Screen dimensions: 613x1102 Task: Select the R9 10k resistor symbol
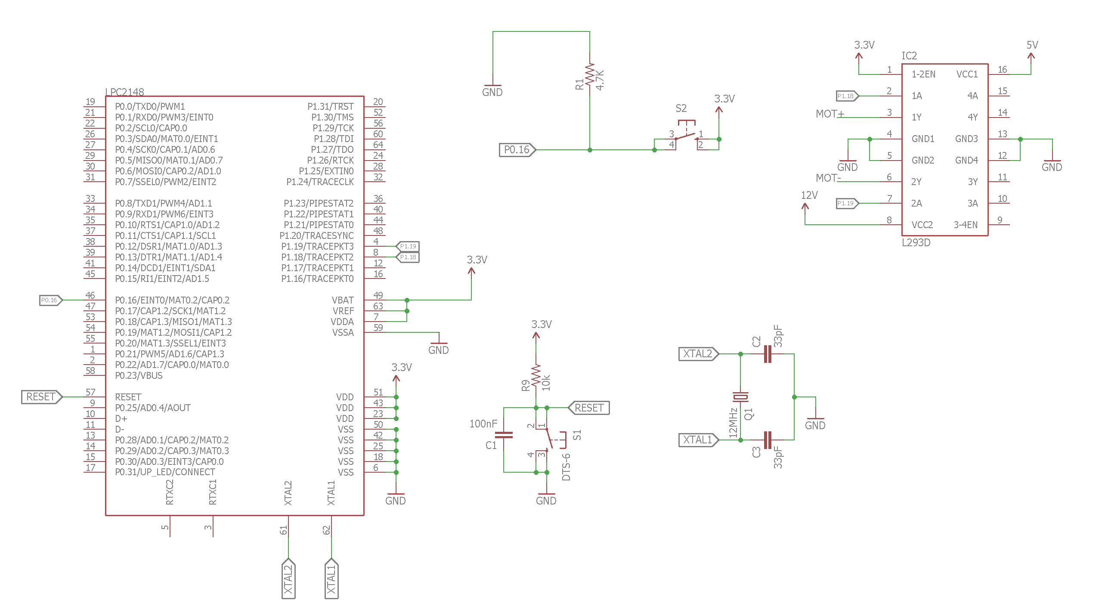536,376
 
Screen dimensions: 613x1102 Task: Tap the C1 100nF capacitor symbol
504,435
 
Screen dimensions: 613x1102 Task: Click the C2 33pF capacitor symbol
767,354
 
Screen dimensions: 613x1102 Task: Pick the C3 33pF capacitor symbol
767,440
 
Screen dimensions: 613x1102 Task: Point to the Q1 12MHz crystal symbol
740,396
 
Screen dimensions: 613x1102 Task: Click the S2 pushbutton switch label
681,108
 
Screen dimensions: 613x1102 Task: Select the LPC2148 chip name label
125,92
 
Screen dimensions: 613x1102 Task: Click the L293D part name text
916,243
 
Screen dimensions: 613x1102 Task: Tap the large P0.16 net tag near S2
517,150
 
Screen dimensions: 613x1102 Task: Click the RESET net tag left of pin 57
41,397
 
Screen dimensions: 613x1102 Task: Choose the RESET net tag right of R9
589,408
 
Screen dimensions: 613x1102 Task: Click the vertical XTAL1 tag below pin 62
331,579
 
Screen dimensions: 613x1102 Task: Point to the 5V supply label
1032,45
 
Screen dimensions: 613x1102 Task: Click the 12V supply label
809,195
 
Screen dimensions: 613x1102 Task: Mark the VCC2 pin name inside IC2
922,225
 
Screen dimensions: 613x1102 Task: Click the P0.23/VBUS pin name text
139,375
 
